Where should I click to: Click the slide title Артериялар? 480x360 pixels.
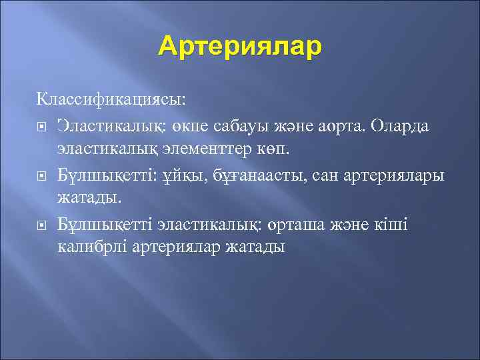point(240,47)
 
